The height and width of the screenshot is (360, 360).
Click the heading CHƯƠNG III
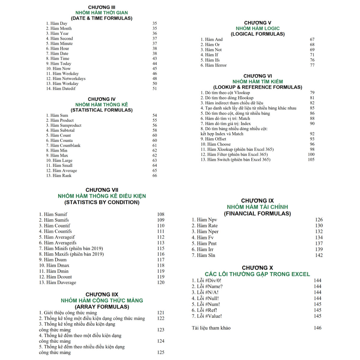tap(101, 7)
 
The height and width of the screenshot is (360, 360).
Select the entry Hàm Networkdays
tap(66, 79)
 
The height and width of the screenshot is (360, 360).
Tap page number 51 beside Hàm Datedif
tap(154, 88)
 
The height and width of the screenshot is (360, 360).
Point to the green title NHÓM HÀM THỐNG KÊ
tap(101, 104)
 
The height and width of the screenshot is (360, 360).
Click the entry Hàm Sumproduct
tap(64, 125)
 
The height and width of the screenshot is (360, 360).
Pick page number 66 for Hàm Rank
tap(154, 175)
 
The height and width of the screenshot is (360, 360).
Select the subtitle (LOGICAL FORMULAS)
tap(257, 34)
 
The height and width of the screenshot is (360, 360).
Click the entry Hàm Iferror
tap(214, 65)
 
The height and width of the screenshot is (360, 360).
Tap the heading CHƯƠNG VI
tap(257, 76)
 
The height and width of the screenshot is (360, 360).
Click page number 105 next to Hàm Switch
tap(311, 160)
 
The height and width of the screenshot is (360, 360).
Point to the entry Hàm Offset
tap(213, 139)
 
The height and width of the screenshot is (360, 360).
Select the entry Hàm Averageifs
tap(58, 243)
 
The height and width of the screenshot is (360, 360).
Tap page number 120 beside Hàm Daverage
tap(161, 282)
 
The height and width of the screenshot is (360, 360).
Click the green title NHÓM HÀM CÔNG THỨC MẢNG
tap(102, 300)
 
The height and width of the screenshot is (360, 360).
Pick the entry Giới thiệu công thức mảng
tap(68, 313)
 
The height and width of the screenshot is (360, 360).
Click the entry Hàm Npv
tap(204, 220)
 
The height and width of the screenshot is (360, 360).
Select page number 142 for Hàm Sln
tap(319, 255)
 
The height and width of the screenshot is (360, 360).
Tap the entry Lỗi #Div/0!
tap(206, 280)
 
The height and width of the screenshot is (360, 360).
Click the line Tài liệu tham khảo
tap(211, 328)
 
